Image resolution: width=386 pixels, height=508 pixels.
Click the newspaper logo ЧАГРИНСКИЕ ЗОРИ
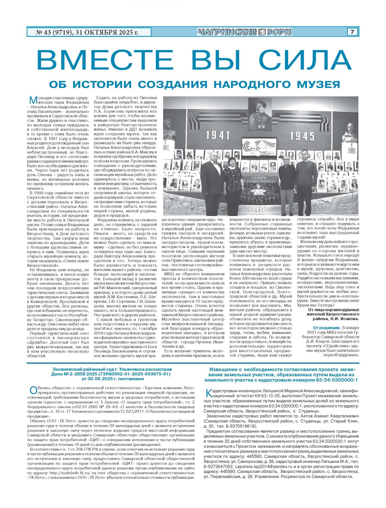point(245,32)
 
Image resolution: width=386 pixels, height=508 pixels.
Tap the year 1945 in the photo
point(302,136)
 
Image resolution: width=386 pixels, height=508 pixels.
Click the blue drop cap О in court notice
point(33,390)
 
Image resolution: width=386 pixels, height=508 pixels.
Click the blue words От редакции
point(326,327)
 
